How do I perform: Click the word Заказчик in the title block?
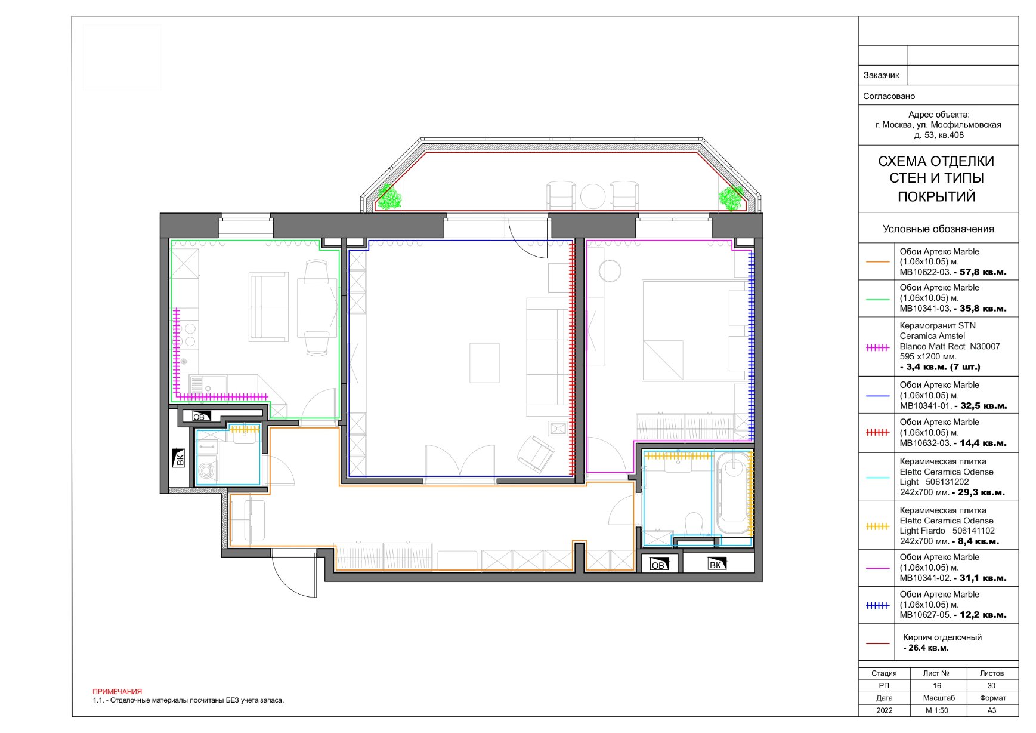pyautogui.click(x=881, y=75)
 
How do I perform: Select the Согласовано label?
pyautogui.click(x=889, y=96)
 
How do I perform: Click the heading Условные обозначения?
pyautogui.click(x=938, y=229)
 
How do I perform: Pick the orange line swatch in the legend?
pyautogui.click(x=877, y=261)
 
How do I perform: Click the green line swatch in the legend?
pyautogui.click(x=877, y=298)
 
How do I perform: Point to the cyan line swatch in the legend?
pyautogui.click(x=877, y=478)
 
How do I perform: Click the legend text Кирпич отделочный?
pyautogui.click(x=942, y=637)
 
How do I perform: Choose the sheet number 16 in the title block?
pyautogui.click(x=937, y=686)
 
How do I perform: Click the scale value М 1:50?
pyautogui.click(x=937, y=710)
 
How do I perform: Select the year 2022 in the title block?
pyautogui.click(x=885, y=710)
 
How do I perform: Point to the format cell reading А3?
pyautogui.click(x=992, y=710)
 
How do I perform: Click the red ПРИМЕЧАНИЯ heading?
pyautogui.click(x=117, y=691)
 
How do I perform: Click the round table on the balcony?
pyautogui.click(x=593, y=196)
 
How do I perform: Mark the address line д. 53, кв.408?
pyautogui.click(x=939, y=135)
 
